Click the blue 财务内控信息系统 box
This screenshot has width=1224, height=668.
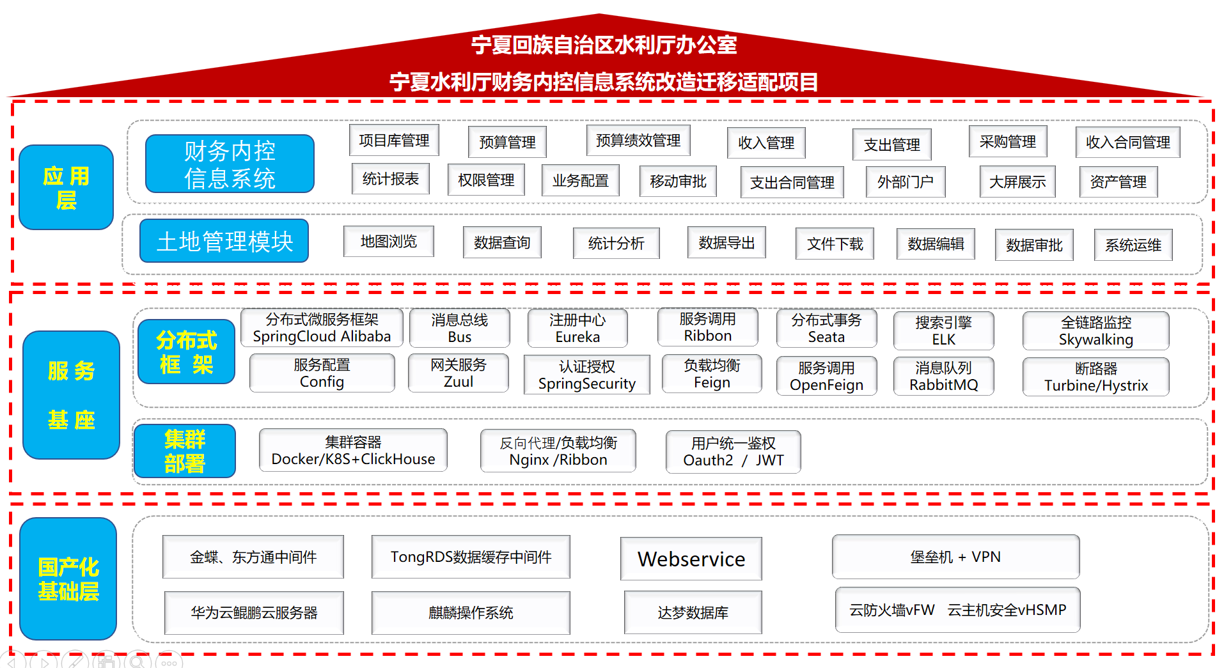pos(230,164)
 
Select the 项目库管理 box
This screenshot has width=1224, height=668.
pos(394,140)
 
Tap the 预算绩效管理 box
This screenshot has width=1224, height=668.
pos(638,140)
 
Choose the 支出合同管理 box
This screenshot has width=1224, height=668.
pos(792,182)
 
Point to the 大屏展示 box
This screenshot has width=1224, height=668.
pos(1017,182)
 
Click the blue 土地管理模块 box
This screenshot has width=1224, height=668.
pos(224,241)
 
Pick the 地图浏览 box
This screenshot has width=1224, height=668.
pos(389,241)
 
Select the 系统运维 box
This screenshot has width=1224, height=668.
pos(1133,245)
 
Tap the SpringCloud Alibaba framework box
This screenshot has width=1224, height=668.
pos(322,328)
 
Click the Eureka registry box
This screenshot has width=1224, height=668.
pos(577,329)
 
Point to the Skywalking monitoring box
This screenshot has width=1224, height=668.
pos(1096,330)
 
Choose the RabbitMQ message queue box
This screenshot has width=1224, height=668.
pos(944,376)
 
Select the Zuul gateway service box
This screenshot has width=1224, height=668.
pos(459,373)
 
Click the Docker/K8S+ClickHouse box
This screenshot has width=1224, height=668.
pos(353,450)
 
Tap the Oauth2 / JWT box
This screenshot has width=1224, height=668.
pos(734,451)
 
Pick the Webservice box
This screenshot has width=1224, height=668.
pos(691,559)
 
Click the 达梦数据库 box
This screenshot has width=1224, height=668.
pos(693,612)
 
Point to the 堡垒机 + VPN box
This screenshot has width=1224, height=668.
pos(956,557)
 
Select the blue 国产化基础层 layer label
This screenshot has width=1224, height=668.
pos(68,579)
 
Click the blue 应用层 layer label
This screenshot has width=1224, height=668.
pos(67,187)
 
